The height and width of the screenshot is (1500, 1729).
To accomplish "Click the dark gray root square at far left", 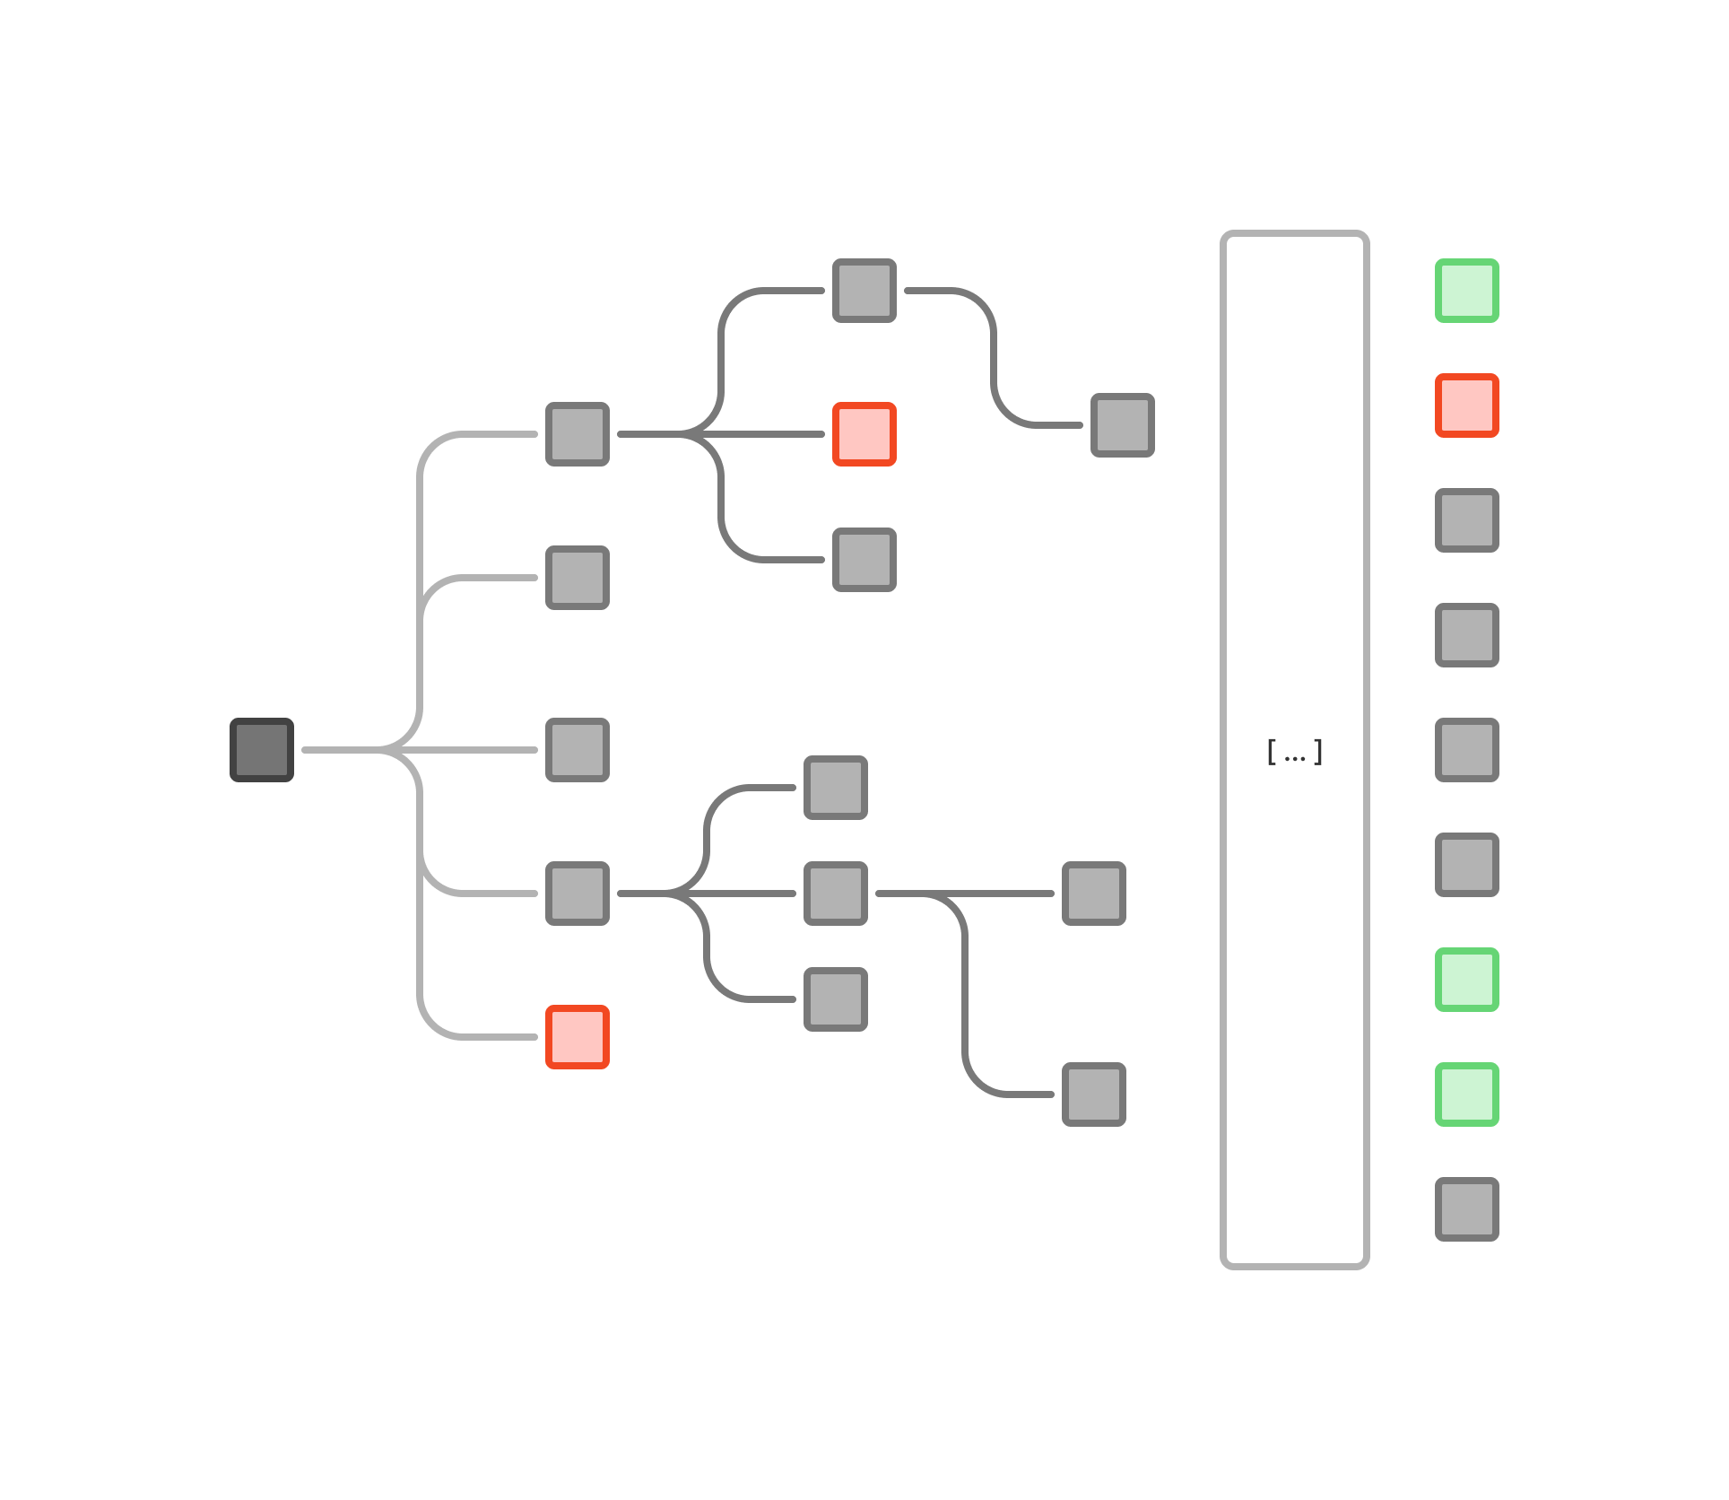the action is point(262,750).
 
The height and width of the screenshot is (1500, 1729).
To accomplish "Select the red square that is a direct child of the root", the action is point(578,1037).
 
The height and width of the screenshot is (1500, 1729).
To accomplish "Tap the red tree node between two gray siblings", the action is point(864,434).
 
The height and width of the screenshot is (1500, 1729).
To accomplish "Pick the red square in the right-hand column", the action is point(1467,406).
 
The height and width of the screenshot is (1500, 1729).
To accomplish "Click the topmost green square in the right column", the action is point(1467,291).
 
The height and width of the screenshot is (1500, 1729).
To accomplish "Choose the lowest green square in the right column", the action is point(1467,1094).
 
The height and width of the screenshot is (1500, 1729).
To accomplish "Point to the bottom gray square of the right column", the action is point(1467,1209).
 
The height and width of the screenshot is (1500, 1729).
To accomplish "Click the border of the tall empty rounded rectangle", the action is point(1223,750).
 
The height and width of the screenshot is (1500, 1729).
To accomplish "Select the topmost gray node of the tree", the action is point(864,291).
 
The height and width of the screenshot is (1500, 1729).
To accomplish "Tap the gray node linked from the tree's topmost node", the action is point(1123,425).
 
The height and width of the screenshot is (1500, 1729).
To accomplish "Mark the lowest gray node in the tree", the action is point(1094,1094).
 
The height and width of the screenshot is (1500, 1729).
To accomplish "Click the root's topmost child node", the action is point(578,434).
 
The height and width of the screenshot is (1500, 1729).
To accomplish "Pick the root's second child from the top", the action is point(578,578).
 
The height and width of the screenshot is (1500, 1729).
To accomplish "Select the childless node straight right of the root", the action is point(578,750).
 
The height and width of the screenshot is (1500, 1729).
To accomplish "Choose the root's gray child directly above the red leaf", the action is point(578,894).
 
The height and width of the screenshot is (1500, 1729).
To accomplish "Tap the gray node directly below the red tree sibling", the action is point(864,560).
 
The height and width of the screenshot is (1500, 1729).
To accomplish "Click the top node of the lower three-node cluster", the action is point(836,788).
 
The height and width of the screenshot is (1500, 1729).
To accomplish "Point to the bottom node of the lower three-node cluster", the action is point(836,999).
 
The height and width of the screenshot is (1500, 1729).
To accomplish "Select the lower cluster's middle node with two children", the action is point(836,894).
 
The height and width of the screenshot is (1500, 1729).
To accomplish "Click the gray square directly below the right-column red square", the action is point(1467,520).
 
